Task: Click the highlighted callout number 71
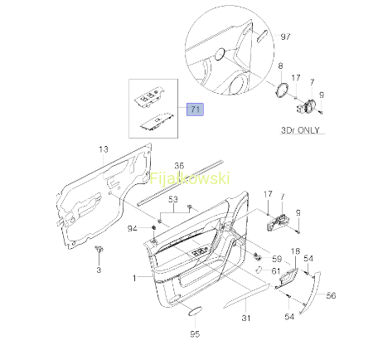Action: coord(195,109)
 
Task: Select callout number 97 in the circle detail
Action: coord(285,36)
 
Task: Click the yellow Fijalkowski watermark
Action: coord(190,178)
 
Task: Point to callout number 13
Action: coord(104,149)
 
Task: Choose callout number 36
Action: coord(179,166)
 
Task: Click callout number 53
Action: coord(173,199)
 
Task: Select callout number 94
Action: coord(132,228)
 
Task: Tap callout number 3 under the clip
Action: coord(99,270)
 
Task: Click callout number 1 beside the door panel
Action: coord(134,278)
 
